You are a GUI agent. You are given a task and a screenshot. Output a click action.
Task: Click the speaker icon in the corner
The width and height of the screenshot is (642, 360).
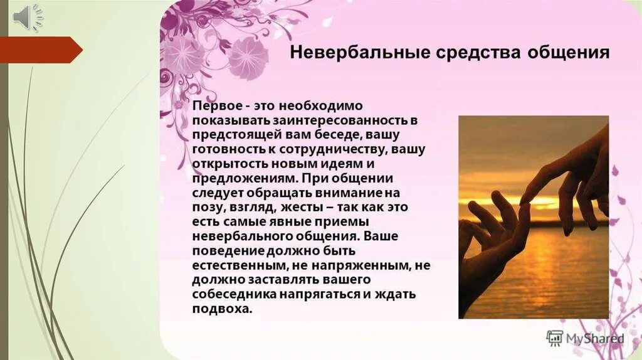pyautogui.click(x=28, y=16)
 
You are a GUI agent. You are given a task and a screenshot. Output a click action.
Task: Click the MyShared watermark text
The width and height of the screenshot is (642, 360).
pyautogui.click(x=596, y=339)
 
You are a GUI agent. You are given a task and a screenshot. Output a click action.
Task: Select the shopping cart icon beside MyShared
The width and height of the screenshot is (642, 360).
pyautogui.click(x=555, y=338)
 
